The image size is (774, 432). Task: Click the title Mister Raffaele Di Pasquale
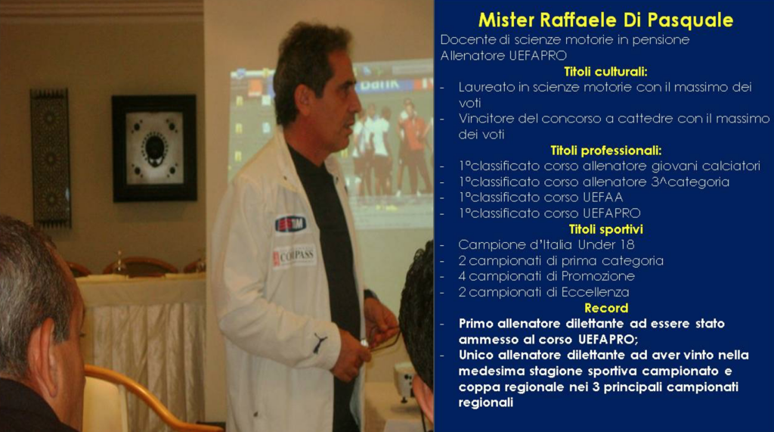pos(605,20)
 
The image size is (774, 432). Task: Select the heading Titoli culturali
pos(605,72)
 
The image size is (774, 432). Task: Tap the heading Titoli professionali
pos(605,151)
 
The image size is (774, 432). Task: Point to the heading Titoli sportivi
pos(605,229)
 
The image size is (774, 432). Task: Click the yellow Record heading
pos(606,308)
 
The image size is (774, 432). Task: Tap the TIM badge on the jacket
pos(290,224)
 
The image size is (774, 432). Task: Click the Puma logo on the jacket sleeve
pos(320,343)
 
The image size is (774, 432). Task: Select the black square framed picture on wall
pos(154,148)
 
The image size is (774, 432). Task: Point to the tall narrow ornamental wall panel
pos(51,157)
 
